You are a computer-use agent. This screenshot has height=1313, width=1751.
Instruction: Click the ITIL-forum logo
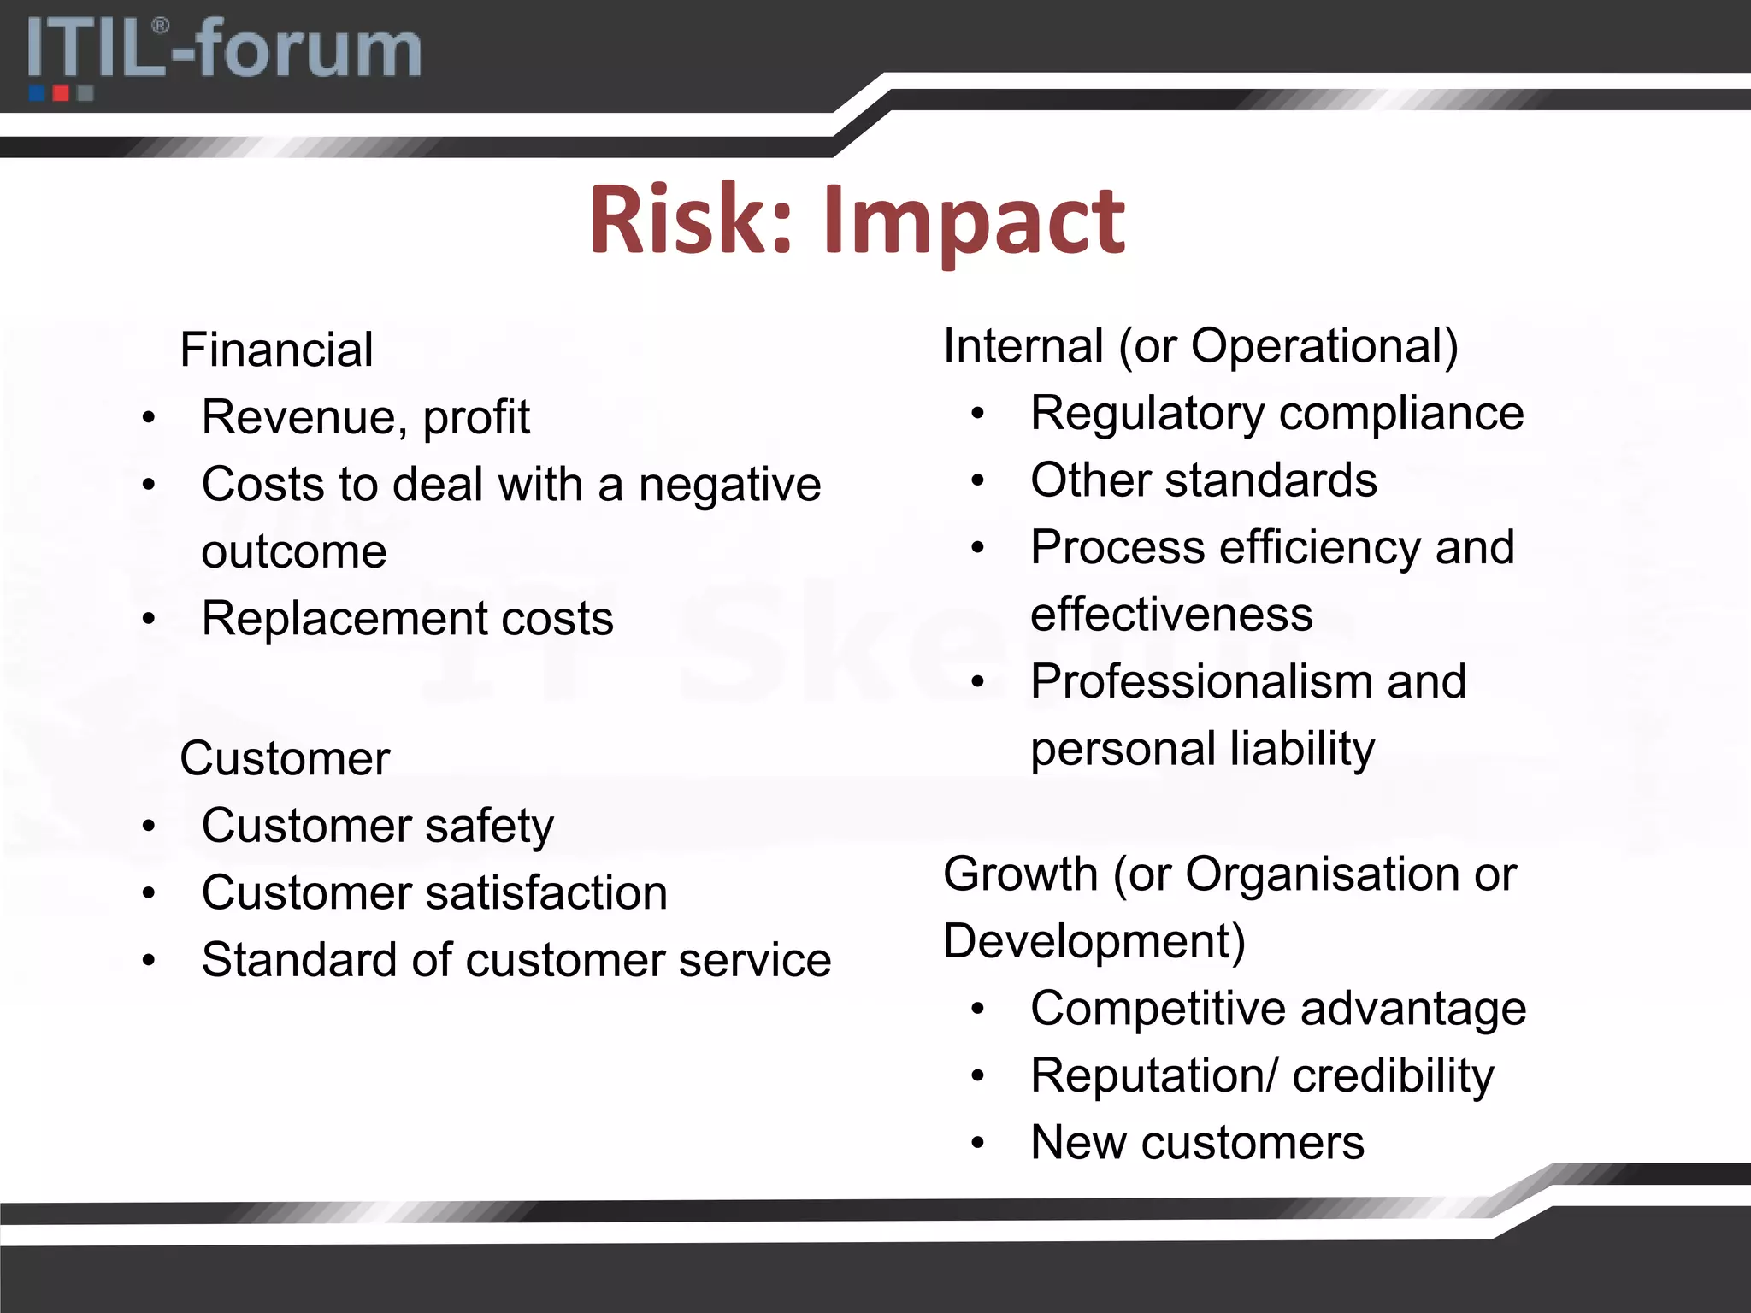click(x=224, y=53)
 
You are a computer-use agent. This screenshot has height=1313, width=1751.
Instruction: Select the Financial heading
click(x=276, y=350)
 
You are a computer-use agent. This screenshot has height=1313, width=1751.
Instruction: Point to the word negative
click(x=729, y=486)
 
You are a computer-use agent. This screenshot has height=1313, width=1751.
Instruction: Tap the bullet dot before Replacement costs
click(x=149, y=618)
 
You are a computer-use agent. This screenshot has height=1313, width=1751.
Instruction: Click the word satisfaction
click(x=546, y=893)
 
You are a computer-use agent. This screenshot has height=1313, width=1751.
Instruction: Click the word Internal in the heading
click(x=1023, y=346)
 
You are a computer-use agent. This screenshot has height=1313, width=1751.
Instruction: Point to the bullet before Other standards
click(x=978, y=480)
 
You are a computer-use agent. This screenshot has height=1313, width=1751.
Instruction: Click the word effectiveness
click(x=1171, y=615)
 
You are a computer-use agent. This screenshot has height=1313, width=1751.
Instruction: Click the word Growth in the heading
click(x=1020, y=874)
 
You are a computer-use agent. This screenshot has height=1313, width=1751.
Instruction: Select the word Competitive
click(x=1158, y=1010)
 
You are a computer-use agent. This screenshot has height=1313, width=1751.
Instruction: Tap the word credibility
click(x=1393, y=1076)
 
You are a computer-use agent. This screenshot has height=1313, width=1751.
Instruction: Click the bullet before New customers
click(x=978, y=1143)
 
